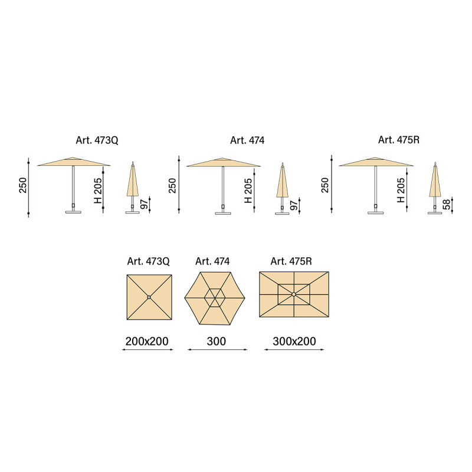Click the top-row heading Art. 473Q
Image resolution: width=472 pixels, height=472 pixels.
(97, 140)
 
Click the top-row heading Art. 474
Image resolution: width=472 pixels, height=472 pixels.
(247, 140)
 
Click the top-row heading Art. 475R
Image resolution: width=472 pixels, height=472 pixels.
(399, 140)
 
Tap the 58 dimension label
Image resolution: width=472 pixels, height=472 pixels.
(447, 204)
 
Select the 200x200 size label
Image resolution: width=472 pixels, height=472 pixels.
(147, 342)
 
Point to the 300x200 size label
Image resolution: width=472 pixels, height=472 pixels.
(294, 342)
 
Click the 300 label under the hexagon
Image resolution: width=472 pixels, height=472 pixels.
(216, 342)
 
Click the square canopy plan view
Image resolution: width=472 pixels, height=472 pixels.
(149, 297)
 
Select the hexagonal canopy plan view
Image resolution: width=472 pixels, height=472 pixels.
(215, 299)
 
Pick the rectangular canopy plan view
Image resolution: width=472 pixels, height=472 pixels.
(294, 294)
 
